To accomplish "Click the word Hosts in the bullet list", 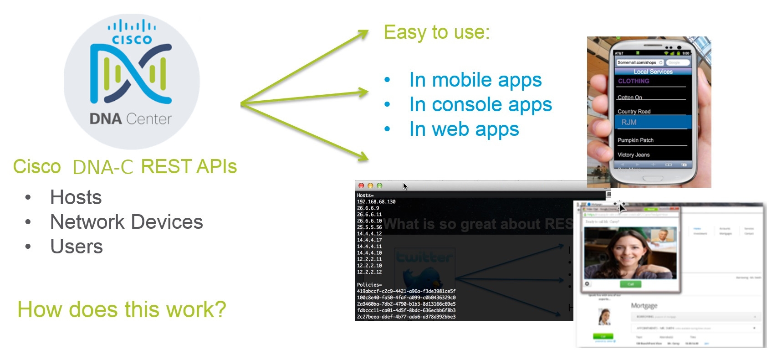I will [x=76, y=198].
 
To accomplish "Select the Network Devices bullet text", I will [x=126, y=222].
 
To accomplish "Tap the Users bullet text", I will [x=77, y=247].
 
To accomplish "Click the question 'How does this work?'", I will [x=122, y=309].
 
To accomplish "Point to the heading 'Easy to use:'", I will [x=436, y=32].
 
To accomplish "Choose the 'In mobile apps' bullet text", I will [x=475, y=80].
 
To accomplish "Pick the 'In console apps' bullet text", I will [x=480, y=105].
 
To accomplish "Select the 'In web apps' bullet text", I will [x=464, y=129].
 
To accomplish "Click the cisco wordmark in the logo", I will [x=132, y=40].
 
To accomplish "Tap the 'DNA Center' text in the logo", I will [x=130, y=119].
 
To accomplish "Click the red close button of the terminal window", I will [x=361, y=185].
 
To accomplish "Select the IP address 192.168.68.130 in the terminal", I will [x=376, y=202].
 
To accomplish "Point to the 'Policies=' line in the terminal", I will [x=369, y=285].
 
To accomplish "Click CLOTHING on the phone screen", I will [x=634, y=81].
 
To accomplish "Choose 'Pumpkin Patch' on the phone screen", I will [x=635, y=140].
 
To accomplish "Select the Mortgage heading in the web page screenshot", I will [x=644, y=305].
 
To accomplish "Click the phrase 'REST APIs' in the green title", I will [x=189, y=167].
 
